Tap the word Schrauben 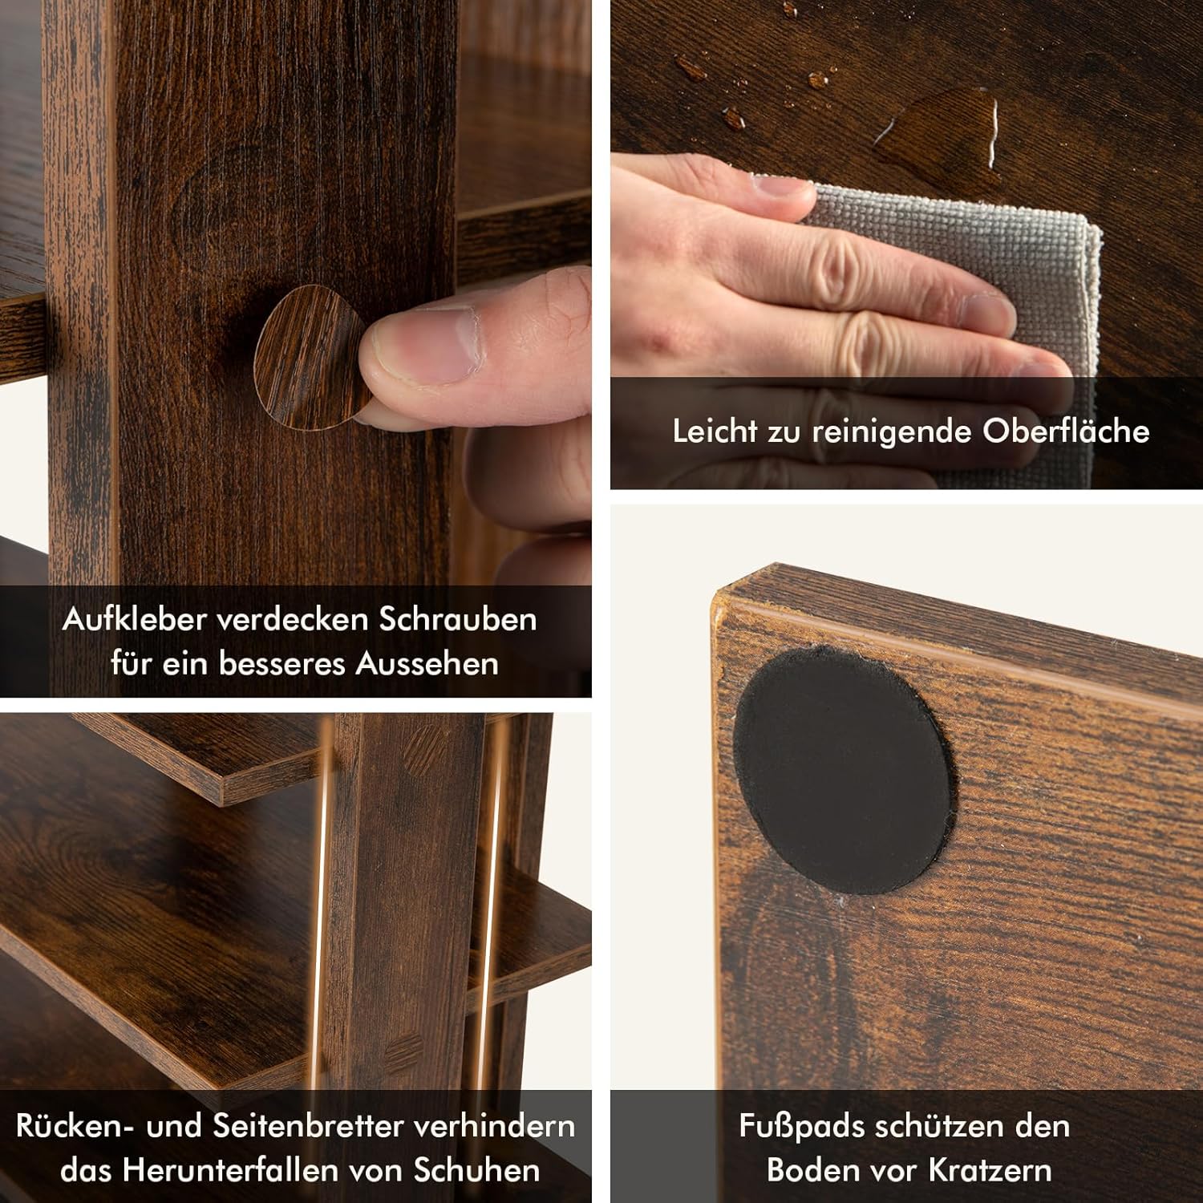pyautogui.click(x=458, y=619)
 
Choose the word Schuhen pyautogui.click(x=476, y=1170)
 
